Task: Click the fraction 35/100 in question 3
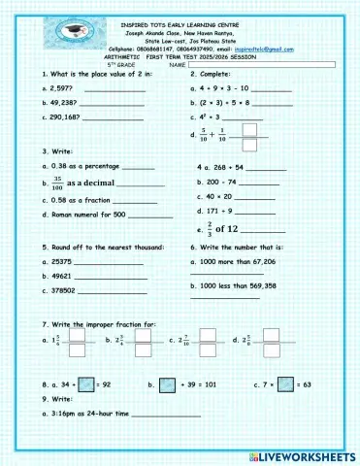[57, 183]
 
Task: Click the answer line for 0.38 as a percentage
[139, 168]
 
